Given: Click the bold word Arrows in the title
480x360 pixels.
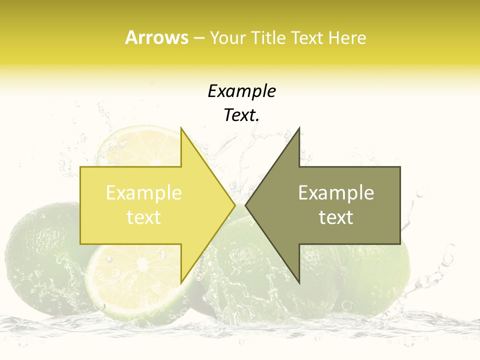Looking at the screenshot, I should (156, 37).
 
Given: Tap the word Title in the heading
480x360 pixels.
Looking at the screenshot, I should (268, 37).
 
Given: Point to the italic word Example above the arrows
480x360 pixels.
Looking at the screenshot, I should (242, 91).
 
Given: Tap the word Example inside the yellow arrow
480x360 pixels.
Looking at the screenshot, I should (144, 193).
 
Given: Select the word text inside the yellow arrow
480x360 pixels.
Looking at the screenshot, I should (144, 217).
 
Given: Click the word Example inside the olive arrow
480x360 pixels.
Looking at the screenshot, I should (336, 193).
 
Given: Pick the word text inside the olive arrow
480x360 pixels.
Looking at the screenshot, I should (336, 217).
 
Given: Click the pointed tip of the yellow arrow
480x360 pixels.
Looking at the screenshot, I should (234, 205).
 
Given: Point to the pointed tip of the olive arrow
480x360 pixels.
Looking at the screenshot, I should (245, 205).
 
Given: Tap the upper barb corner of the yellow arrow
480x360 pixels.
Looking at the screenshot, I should (181, 128).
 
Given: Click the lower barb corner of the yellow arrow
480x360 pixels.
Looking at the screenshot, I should (181, 282).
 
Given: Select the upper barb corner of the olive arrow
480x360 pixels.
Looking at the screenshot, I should (299, 128).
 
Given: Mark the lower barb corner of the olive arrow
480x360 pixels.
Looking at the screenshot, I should (299, 282).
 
